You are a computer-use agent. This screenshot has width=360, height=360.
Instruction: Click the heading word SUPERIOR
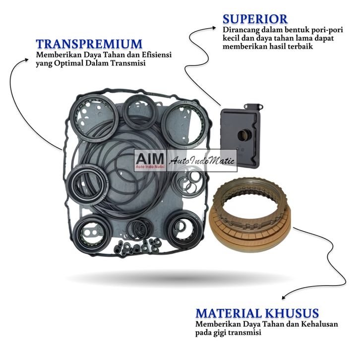tap(255, 19)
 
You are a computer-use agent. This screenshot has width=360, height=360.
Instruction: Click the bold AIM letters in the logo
tap(148, 158)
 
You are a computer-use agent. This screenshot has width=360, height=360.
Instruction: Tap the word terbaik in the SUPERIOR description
tap(300, 46)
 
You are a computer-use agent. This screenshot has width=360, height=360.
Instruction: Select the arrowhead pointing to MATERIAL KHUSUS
tap(284, 298)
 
